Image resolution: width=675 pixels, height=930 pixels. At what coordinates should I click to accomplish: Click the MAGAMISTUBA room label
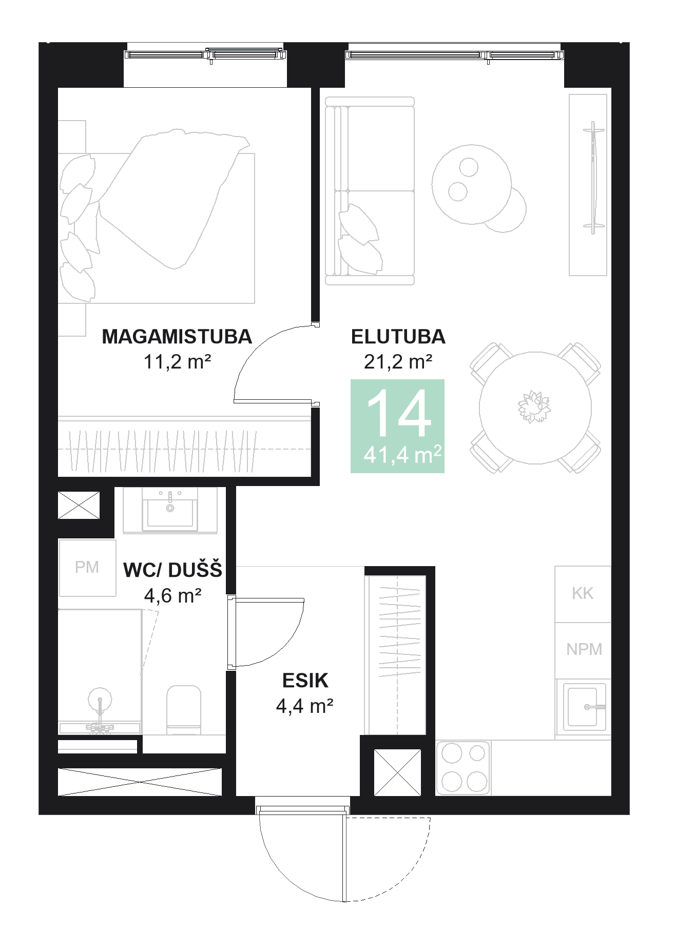[x=177, y=337]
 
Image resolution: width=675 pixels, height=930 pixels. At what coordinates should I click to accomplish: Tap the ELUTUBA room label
[x=398, y=337]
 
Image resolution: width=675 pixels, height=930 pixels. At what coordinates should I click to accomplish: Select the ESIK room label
[x=305, y=681]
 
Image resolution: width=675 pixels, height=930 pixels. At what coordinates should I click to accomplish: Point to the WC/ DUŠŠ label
[x=173, y=570]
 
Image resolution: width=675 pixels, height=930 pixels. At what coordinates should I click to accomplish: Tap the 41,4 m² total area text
[x=402, y=455]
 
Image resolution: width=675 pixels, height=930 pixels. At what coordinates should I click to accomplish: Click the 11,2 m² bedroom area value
[x=177, y=362]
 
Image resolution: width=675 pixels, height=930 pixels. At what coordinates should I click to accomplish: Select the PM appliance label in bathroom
[x=87, y=567]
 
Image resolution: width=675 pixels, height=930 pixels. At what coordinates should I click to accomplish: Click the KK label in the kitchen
[x=583, y=593]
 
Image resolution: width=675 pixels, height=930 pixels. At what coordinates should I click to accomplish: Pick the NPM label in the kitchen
[x=584, y=649]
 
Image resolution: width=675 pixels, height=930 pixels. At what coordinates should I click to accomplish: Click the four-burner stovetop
[x=464, y=768]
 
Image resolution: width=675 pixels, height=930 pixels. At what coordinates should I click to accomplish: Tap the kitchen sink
[x=585, y=707]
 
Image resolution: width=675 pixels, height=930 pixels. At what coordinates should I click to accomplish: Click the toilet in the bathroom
[x=183, y=710]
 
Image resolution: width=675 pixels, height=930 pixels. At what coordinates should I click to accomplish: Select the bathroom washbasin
[x=170, y=510]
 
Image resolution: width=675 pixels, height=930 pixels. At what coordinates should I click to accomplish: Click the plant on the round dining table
[x=534, y=407]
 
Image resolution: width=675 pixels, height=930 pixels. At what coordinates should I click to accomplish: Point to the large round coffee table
[x=471, y=184]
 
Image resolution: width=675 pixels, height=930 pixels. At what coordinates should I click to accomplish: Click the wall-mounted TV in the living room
[x=594, y=178]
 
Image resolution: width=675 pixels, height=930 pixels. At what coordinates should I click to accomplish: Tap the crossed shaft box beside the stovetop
[x=397, y=772]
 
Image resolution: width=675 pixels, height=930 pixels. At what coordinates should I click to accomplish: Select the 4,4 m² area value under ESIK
[x=305, y=706]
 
